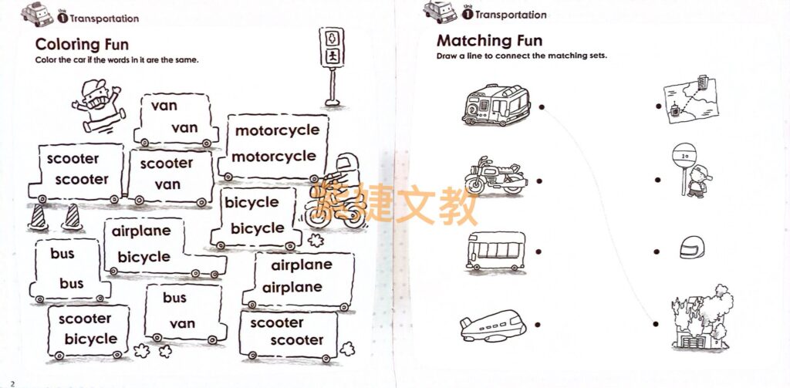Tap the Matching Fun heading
point(489,40)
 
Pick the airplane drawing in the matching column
point(492,326)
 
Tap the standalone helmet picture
point(690,246)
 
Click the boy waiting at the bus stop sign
point(694,174)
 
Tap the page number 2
point(12,382)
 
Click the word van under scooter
point(167,184)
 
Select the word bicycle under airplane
point(143,257)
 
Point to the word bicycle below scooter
point(91,339)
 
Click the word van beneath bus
point(182,323)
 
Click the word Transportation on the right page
point(511,15)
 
